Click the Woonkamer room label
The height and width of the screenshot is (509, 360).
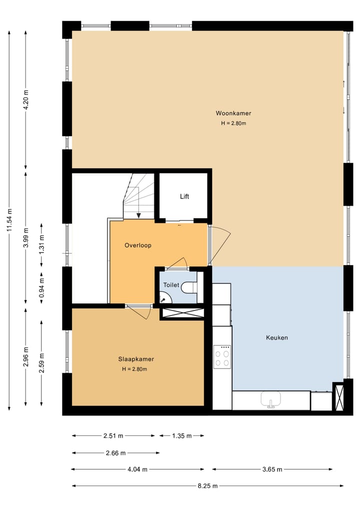tap(233, 113)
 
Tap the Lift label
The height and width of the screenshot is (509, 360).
tap(184, 196)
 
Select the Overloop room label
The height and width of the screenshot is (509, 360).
tap(137, 245)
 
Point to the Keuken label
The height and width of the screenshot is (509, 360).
tap(276, 337)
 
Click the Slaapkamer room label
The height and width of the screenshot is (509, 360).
tap(136, 359)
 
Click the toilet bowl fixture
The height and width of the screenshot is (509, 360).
tap(189, 288)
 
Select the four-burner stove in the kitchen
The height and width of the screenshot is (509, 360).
tap(221, 357)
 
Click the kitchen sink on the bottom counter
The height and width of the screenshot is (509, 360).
tap(270, 399)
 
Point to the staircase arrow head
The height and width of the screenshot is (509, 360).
tap(138, 215)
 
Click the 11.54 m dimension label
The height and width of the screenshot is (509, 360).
tap(9, 220)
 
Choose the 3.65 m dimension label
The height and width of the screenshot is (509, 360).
tap(272, 469)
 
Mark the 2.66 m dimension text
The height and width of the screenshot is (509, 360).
tap(115, 453)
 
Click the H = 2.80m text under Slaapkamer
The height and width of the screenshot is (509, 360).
tap(134, 369)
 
